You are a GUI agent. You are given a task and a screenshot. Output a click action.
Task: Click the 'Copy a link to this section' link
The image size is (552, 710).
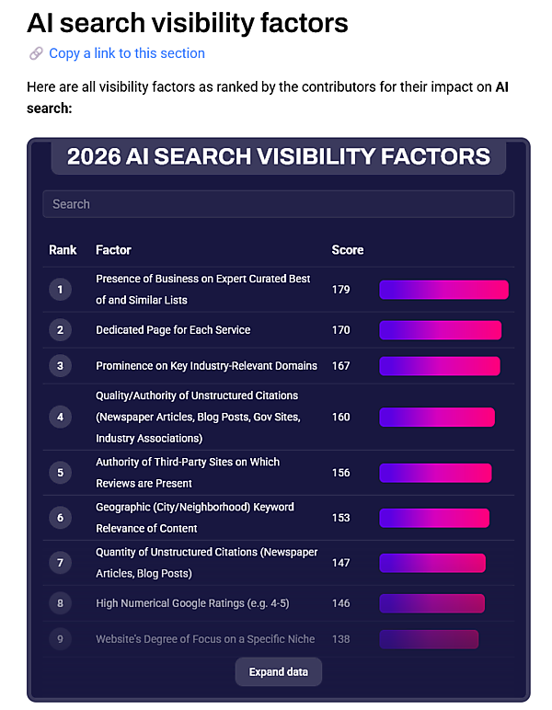tap(126, 53)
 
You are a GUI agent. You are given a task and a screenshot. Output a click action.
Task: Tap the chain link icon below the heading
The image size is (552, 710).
tap(36, 53)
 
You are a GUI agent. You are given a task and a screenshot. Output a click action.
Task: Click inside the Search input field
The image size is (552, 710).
tap(278, 204)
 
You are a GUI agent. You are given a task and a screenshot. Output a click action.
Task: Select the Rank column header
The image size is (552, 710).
tap(63, 250)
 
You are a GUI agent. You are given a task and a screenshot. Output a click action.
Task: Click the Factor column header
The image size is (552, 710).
tap(113, 250)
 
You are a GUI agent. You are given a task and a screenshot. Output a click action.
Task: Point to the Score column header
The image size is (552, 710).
tap(347, 250)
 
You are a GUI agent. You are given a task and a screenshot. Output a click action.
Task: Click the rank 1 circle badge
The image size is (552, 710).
tap(60, 290)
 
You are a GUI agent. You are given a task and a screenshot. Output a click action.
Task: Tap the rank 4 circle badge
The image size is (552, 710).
tap(60, 417)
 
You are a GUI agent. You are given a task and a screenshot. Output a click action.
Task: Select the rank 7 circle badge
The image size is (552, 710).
tap(60, 563)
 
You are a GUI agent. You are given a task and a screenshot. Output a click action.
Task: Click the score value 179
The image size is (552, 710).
tap(341, 290)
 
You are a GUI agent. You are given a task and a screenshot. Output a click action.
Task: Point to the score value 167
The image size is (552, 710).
tap(341, 366)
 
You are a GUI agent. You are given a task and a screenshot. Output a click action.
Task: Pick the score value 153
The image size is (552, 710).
tap(341, 518)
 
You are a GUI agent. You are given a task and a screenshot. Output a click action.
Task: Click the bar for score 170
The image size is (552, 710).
tap(440, 330)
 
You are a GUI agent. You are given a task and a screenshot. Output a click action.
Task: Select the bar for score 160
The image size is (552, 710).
tap(436, 417)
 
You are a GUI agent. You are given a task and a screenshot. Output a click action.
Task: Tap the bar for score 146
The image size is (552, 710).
tap(431, 603)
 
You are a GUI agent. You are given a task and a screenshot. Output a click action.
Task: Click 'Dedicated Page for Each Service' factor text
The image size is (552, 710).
tap(173, 330)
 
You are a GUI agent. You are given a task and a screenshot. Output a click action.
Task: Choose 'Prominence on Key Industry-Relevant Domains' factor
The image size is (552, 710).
tap(206, 366)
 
